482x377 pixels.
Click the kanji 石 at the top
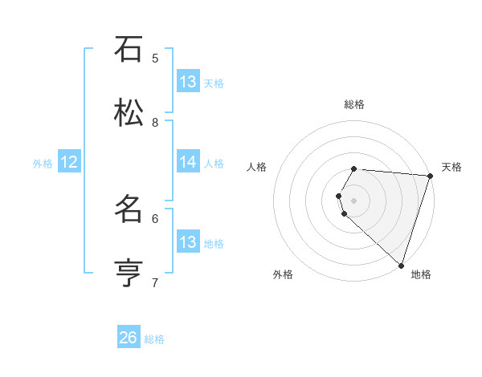[129, 50]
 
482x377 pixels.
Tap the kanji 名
[129, 209]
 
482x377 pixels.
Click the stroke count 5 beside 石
[155, 58]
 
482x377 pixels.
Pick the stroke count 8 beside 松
[155, 122]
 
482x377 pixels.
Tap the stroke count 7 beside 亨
[155, 282]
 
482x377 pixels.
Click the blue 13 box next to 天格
[188, 82]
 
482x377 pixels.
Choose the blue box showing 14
[188, 162]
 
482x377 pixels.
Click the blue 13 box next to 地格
[188, 242]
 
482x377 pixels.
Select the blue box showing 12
[69, 162]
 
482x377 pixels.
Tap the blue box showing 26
[129, 338]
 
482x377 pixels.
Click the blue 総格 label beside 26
[154, 339]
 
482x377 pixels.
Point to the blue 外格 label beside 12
[43, 164]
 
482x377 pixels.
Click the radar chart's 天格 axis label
[451, 167]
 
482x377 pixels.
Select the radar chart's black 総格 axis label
[353, 104]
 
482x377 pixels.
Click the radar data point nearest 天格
[430, 176]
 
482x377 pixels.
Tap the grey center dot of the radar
[353, 200]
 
